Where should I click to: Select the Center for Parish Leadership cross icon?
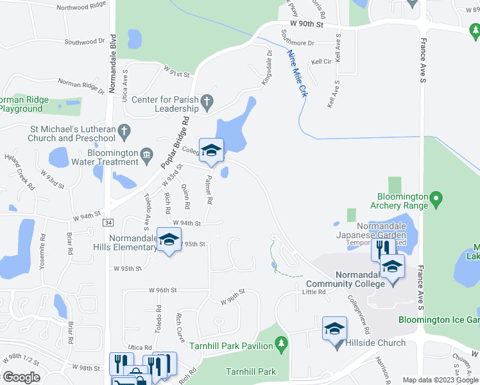(x=207, y=101)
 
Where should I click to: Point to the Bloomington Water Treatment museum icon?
(x=148, y=154)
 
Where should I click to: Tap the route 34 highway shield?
(x=108, y=222)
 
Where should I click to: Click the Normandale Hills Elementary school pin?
(x=169, y=241)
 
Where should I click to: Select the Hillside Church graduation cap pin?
(x=334, y=330)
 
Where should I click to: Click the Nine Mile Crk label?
(x=296, y=74)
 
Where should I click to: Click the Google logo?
(x=21, y=377)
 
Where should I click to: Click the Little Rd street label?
(x=314, y=293)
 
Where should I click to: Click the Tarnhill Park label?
(x=251, y=372)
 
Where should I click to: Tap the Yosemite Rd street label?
(x=43, y=244)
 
